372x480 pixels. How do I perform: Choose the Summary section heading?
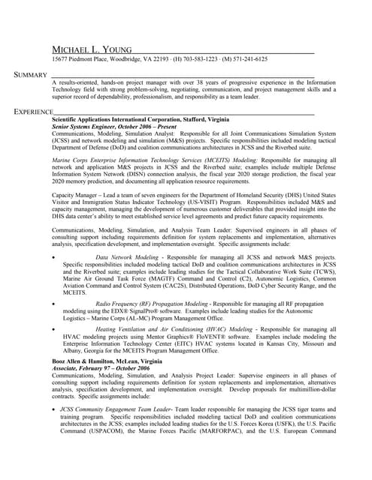(30, 75)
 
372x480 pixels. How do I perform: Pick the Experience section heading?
(32, 112)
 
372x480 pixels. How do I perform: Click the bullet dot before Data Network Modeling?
(54, 258)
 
